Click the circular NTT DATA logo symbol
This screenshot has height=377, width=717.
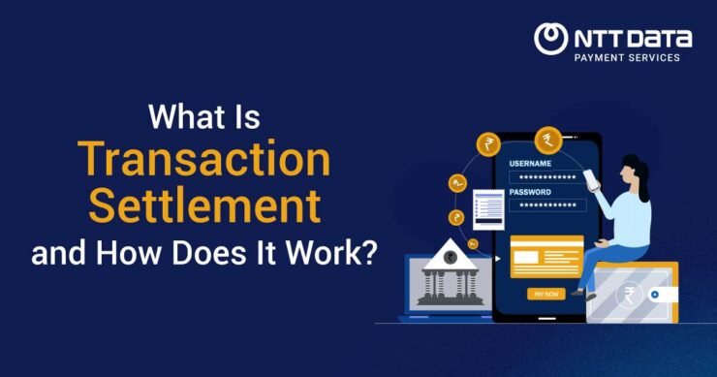551,39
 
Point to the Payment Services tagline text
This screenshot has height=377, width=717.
628,58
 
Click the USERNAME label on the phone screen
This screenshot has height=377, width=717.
529,163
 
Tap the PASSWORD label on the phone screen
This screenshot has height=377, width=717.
530,191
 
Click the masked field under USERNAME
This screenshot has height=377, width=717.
547,176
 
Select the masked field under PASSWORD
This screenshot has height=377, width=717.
547,205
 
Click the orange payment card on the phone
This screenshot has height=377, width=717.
546,256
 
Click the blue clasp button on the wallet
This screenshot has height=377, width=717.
656,294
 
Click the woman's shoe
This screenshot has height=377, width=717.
578,292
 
